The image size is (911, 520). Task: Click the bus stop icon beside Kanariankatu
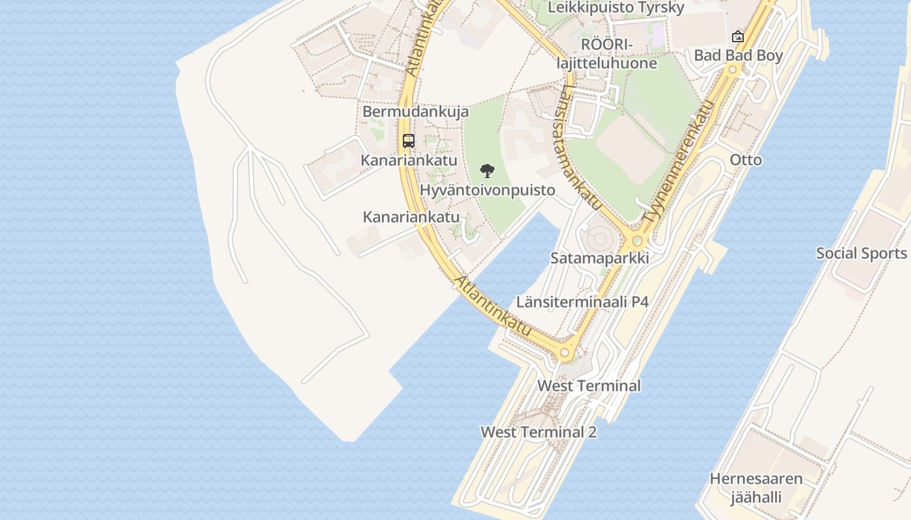tap(409, 140)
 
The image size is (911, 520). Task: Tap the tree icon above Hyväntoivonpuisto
tap(487, 172)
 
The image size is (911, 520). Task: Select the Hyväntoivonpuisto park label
tap(487, 190)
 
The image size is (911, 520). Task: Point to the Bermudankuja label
tap(415, 112)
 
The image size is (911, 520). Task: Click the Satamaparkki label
tap(599, 258)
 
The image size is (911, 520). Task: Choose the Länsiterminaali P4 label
tap(582, 302)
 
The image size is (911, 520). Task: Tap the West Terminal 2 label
tap(538, 432)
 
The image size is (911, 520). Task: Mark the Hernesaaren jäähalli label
tap(755, 489)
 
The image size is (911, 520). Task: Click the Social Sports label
tap(861, 253)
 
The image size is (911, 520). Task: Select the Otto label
tap(746, 160)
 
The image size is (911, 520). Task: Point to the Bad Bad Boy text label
tap(738, 56)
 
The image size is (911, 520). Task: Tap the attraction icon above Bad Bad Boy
tap(737, 36)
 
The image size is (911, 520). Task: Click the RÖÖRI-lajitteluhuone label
tap(606, 54)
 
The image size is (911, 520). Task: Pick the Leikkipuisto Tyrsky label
tap(616, 8)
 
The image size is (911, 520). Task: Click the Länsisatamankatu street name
tap(582, 147)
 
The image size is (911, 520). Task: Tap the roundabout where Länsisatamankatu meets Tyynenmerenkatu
tap(637, 241)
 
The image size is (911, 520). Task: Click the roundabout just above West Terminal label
tap(564, 353)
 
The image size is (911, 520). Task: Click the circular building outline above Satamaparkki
tap(597, 238)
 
